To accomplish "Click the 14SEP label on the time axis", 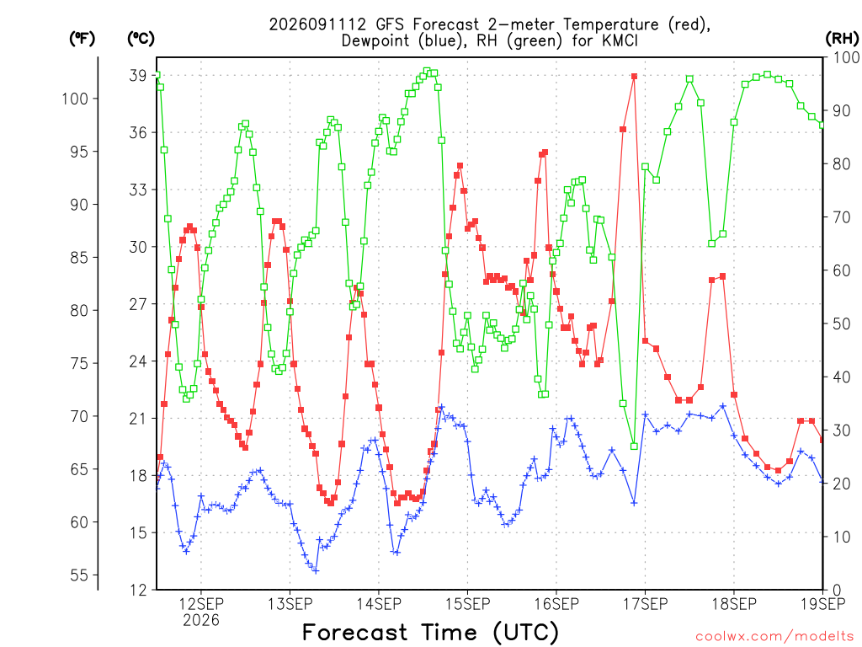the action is coord(379,604).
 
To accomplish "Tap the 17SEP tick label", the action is coord(646,604).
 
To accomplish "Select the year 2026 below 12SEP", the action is coord(201,620).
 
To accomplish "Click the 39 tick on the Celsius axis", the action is coord(138,75).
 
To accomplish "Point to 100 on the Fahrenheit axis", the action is coord(75,99).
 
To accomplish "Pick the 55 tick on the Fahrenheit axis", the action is coord(79,575).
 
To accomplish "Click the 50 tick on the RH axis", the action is coord(842,324).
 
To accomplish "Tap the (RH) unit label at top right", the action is coord(842,39).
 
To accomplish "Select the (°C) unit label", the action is coord(141,39).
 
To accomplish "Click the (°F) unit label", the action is coord(82,39).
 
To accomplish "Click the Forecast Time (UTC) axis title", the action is coord(430,633).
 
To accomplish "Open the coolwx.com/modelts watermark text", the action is coord(774,637).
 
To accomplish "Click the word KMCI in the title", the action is coord(620,40).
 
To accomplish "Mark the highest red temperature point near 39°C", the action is coord(635,77).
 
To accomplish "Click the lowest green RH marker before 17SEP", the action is coord(635,446).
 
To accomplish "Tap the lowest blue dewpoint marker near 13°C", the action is coord(316,570).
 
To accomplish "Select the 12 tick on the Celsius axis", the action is coord(138,591).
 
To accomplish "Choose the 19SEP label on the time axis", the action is coord(823,604).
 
